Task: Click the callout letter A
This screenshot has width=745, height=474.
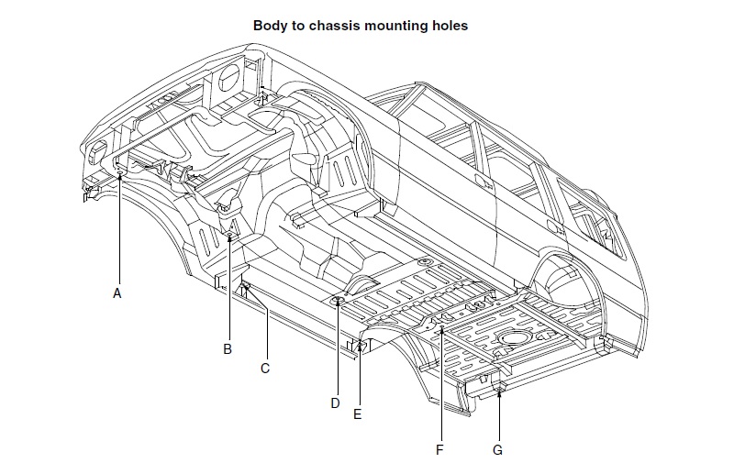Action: point(117,293)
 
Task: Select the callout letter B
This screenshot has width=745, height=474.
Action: point(228,348)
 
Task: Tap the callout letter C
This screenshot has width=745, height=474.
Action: point(265,369)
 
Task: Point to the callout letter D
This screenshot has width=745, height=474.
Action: point(336,402)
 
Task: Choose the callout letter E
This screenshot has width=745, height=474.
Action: point(358,414)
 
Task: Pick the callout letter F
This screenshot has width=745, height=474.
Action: point(439,450)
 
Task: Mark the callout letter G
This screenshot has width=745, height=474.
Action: point(498,450)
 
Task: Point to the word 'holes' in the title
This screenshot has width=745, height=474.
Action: point(450,26)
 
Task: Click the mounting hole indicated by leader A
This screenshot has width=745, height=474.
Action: point(120,171)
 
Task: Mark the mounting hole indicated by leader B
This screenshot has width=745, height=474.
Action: point(228,237)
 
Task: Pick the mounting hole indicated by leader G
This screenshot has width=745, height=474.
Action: point(498,391)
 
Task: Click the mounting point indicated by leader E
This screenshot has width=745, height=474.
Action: point(360,345)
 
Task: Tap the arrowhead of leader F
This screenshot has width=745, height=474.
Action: point(441,328)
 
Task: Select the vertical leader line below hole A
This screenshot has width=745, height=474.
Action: point(120,229)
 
